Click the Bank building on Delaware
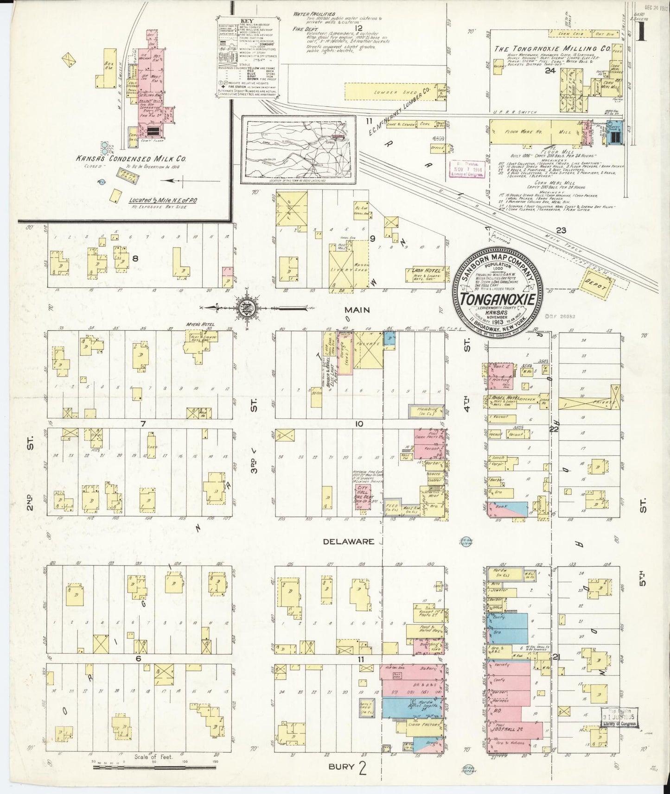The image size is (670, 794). (x=505, y=508)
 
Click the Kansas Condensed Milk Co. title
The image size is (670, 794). (x=132, y=158)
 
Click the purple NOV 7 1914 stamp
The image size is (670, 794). (x=467, y=169)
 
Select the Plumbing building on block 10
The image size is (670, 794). (x=426, y=411)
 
